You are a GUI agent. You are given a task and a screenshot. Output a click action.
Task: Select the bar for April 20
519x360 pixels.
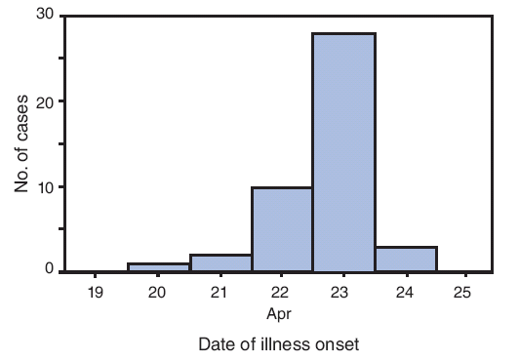[158, 267]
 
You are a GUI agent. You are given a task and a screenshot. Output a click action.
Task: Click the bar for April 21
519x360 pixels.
[220, 262]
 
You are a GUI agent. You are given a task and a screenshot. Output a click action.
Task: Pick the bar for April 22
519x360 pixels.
[282, 229]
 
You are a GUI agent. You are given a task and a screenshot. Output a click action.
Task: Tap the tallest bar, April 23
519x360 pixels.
[343, 152]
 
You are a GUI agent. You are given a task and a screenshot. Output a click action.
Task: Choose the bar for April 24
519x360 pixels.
[406, 260]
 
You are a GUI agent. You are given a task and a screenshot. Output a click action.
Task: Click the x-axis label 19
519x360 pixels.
[96, 294]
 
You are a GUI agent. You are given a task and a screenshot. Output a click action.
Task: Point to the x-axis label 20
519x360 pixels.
[158, 294]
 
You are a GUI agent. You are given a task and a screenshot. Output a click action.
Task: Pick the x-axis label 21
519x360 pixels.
[220, 294]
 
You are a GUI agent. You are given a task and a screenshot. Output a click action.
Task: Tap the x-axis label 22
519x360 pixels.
[282, 294]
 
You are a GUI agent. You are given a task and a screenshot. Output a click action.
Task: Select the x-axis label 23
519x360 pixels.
[343, 294]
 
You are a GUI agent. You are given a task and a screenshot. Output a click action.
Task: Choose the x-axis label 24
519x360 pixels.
[406, 294]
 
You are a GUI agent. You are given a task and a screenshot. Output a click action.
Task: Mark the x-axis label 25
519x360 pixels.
[467, 294]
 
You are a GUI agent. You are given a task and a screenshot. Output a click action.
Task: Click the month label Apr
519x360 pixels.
[281, 314]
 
